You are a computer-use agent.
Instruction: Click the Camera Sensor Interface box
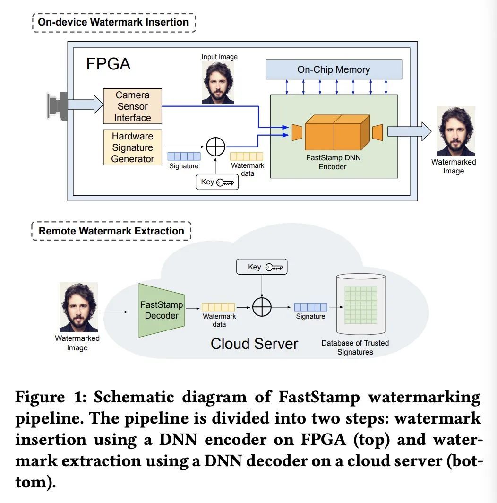132,106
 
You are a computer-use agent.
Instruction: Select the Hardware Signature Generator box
132,147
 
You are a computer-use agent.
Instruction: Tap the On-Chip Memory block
333,69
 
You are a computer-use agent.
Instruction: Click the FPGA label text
108,63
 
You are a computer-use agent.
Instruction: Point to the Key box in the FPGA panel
217,182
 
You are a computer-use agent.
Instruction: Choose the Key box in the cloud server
262,267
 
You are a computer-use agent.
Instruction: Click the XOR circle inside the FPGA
215,147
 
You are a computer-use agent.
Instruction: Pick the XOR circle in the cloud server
262,307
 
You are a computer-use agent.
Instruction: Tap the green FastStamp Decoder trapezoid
161,310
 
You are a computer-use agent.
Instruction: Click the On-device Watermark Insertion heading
113,22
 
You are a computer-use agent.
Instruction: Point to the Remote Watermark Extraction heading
111,231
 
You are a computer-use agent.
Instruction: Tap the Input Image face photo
218,83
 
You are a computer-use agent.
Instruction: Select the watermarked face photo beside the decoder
78,307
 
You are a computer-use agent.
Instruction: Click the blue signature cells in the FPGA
184,156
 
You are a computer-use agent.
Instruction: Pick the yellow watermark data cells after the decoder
218,307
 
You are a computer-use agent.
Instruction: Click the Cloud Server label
254,344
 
